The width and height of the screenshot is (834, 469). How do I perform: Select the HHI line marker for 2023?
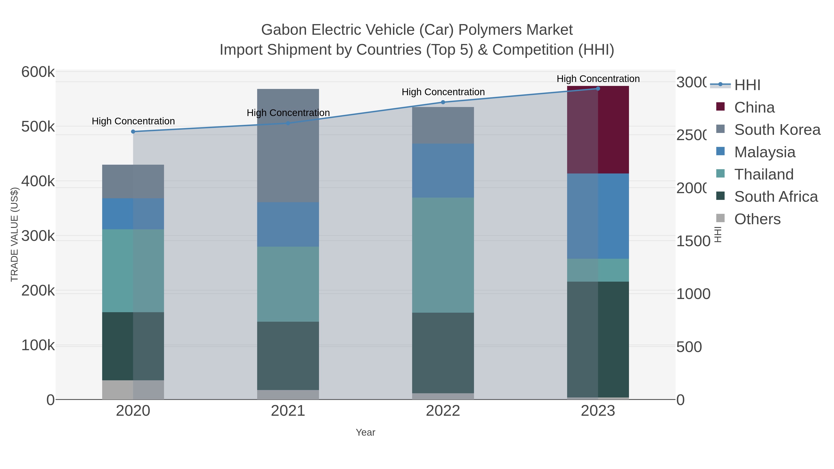pyautogui.click(x=598, y=89)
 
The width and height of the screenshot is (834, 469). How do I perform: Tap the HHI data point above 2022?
pyautogui.click(x=443, y=102)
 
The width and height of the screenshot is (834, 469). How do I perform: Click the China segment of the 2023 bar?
pyautogui.click(x=598, y=129)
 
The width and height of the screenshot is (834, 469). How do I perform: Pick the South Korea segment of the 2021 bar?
pyautogui.click(x=288, y=146)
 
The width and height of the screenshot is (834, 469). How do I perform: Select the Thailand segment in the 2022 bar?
pyautogui.click(x=443, y=255)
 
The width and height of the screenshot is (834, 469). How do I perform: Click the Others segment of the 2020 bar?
pyautogui.click(x=133, y=390)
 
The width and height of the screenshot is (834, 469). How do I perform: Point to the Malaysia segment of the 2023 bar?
pyautogui.click(x=598, y=216)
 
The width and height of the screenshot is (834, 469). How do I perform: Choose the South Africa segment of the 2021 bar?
pyautogui.click(x=288, y=356)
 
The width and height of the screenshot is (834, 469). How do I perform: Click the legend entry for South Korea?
pyautogui.click(x=777, y=130)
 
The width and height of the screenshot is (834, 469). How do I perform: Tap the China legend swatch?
pyautogui.click(x=720, y=107)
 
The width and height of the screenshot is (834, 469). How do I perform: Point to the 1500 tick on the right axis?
pyautogui.click(x=693, y=241)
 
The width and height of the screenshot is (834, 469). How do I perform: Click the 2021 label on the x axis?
pyautogui.click(x=288, y=411)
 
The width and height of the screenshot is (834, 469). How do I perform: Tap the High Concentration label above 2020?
pyautogui.click(x=133, y=121)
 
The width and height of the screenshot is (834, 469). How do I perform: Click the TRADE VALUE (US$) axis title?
pyautogui.click(x=15, y=234)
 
